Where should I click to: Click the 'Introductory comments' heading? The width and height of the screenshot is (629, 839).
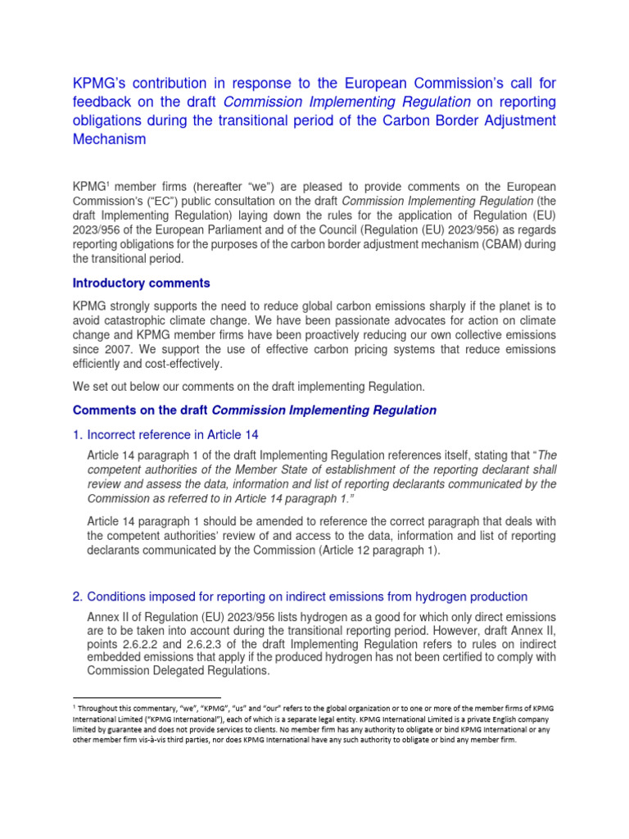pyautogui.click(x=141, y=283)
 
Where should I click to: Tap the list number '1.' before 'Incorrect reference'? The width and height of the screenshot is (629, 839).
pyautogui.click(x=79, y=435)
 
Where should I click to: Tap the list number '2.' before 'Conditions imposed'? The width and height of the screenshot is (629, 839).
pyautogui.click(x=79, y=596)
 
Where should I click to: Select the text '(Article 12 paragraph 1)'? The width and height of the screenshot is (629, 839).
pyautogui.click(x=374, y=551)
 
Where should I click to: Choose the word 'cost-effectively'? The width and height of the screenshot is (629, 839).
pyautogui.click(x=174, y=364)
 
